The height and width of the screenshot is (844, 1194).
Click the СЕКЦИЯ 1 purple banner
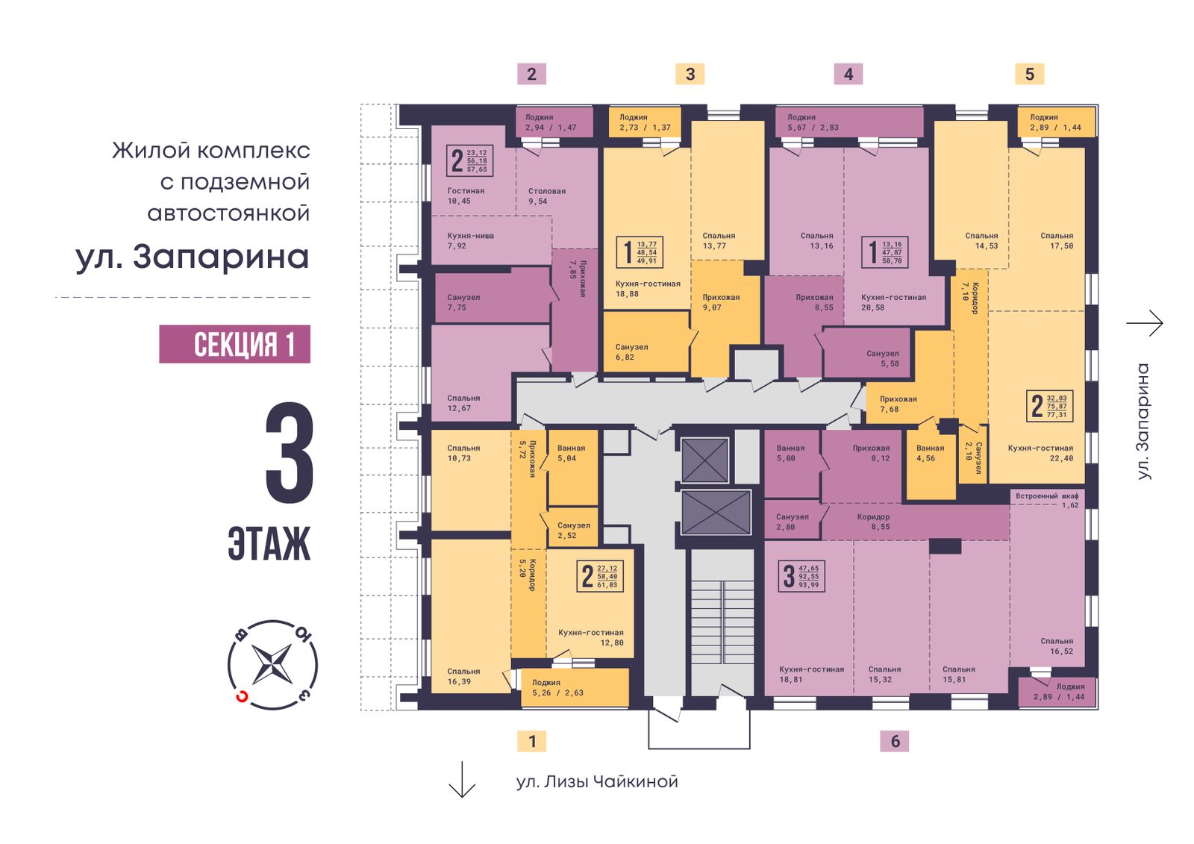(234, 344)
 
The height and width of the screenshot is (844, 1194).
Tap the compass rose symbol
(272, 664)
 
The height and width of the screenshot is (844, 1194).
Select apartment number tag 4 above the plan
(848, 74)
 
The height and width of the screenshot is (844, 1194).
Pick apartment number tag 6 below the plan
(895, 741)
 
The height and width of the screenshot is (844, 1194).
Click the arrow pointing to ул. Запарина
(1145, 323)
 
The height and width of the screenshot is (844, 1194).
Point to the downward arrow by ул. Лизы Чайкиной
(462, 779)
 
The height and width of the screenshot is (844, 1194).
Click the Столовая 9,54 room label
(547, 196)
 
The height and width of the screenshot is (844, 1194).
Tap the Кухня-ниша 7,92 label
(470, 240)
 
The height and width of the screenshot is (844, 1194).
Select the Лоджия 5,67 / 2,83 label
(813, 122)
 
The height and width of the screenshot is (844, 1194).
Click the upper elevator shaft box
(704, 460)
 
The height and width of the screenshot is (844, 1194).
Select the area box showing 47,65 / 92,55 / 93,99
(801, 576)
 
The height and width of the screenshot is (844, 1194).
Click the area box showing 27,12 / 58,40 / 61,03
(600, 576)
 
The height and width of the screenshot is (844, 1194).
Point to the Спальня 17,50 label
(1057, 240)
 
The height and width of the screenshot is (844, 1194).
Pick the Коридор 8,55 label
(873, 522)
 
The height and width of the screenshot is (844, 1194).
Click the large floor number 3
(290, 453)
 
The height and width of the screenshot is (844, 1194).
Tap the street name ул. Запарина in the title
(193, 257)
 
